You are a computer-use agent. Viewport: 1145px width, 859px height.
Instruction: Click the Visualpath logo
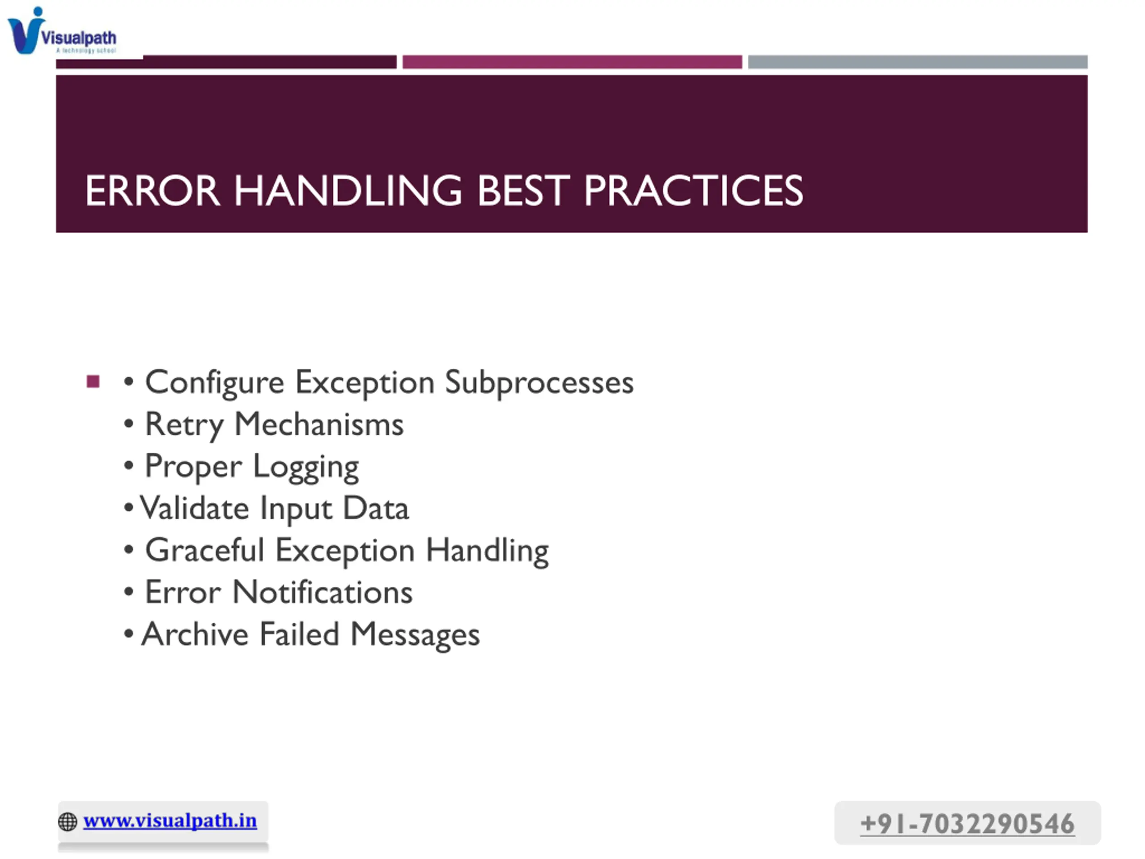62,31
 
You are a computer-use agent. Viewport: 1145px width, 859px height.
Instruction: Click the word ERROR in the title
153,191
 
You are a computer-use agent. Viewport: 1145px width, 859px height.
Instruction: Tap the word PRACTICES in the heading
693,191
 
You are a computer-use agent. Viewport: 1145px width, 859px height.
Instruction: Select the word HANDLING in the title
348,191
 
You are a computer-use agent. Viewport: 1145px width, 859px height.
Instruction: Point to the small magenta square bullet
93,382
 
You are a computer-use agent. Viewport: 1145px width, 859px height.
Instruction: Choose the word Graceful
204,550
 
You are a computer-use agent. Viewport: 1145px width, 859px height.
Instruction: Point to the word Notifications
322,592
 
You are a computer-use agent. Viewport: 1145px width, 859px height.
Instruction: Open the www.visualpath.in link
170,821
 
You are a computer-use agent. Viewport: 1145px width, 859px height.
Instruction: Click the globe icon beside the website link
68,822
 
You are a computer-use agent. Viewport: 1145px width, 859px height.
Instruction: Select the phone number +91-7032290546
967,824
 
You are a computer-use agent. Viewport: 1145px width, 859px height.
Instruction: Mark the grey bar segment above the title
918,62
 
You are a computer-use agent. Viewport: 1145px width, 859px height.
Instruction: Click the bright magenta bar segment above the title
572,62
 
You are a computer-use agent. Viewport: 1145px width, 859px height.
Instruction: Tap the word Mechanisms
319,425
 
